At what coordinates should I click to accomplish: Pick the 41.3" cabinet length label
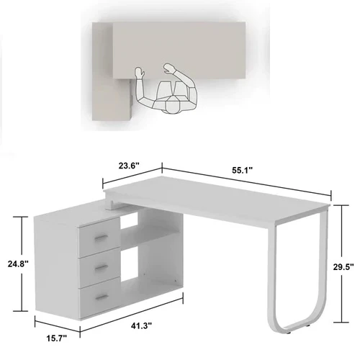143,327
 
